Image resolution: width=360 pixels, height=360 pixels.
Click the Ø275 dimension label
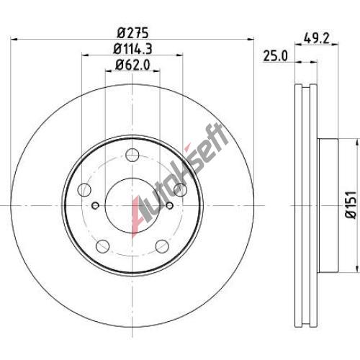click(x=132, y=33)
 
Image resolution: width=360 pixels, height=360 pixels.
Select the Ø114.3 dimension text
click(x=132, y=49)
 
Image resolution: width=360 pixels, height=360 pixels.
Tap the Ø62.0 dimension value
click(x=132, y=64)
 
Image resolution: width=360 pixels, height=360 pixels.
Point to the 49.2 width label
click(x=316, y=38)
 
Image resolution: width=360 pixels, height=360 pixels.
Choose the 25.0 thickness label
click(x=276, y=56)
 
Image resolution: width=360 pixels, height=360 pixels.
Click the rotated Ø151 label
click(x=351, y=204)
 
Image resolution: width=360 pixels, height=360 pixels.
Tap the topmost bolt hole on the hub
click(x=132, y=155)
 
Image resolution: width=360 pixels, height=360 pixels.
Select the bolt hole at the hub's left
click(x=84, y=189)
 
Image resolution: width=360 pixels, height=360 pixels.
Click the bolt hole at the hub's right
click(x=180, y=189)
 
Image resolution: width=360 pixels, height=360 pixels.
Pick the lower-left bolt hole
click(x=103, y=246)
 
